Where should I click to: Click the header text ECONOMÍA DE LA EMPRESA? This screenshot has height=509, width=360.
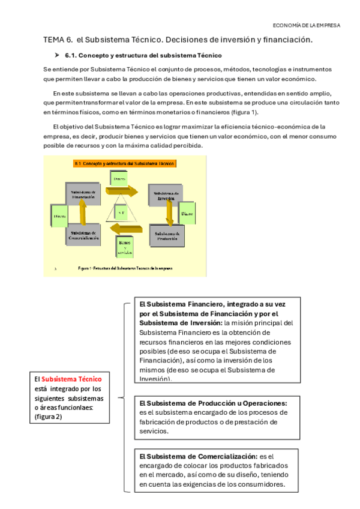[306, 25]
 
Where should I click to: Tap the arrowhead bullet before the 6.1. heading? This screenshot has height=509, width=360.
[58, 55]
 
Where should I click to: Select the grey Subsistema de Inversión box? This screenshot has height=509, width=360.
[167, 196]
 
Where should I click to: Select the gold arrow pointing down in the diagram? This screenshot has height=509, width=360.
[170, 214]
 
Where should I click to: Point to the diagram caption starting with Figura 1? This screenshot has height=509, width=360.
[124, 268]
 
